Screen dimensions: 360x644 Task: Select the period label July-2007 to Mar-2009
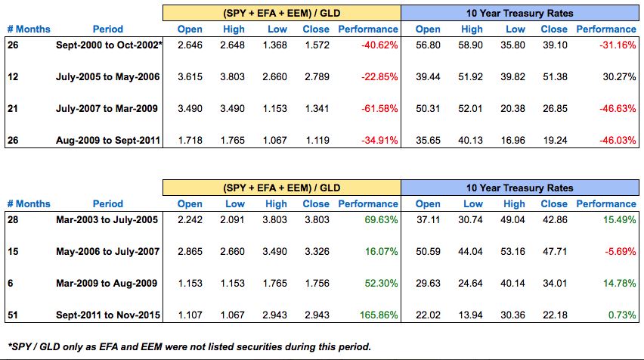pos(109,108)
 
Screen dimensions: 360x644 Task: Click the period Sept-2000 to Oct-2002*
pos(109,45)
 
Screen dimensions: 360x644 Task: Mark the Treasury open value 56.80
pos(429,45)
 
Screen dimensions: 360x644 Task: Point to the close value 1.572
pos(316,45)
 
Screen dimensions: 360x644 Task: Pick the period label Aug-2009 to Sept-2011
pos(109,140)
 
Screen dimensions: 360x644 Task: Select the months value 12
pos(12,77)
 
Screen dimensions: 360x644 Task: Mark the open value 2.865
pos(190,251)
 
